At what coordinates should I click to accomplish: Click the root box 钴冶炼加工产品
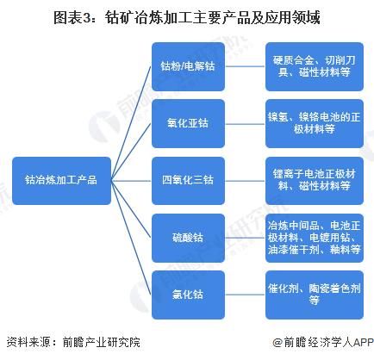[x=61, y=181]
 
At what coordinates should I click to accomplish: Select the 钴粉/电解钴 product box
[x=188, y=66]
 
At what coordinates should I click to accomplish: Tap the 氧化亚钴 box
[x=188, y=123]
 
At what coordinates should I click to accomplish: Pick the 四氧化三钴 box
[x=188, y=181]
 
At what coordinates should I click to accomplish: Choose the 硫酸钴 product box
[x=188, y=238]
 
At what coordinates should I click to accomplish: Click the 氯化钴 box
[x=188, y=295]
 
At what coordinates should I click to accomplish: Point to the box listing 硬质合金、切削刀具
[x=315, y=66]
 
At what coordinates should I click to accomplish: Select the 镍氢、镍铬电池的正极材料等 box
[x=315, y=123]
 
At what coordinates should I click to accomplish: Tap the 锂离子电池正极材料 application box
[x=315, y=181]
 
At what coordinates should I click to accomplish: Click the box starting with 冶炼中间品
[x=315, y=238]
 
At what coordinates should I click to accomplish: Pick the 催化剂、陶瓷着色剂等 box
[x=315, y=295]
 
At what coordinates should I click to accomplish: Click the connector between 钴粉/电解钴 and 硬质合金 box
[x=245, y=66]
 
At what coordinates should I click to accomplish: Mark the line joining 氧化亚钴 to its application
[x=245, y=124]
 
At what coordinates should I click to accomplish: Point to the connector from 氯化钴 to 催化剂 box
[x=245, y=295]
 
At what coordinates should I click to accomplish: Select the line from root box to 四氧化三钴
[x=131, y=181]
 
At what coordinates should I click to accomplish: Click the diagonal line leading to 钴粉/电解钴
[x=131, y=123]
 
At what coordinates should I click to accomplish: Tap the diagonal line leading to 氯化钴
[x=131, y=238]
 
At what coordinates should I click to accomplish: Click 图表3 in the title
[x=72, y=18]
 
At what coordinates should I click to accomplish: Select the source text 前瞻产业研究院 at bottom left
[x=102, y=342]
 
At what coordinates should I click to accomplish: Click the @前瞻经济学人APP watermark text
[x=323, y=342]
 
